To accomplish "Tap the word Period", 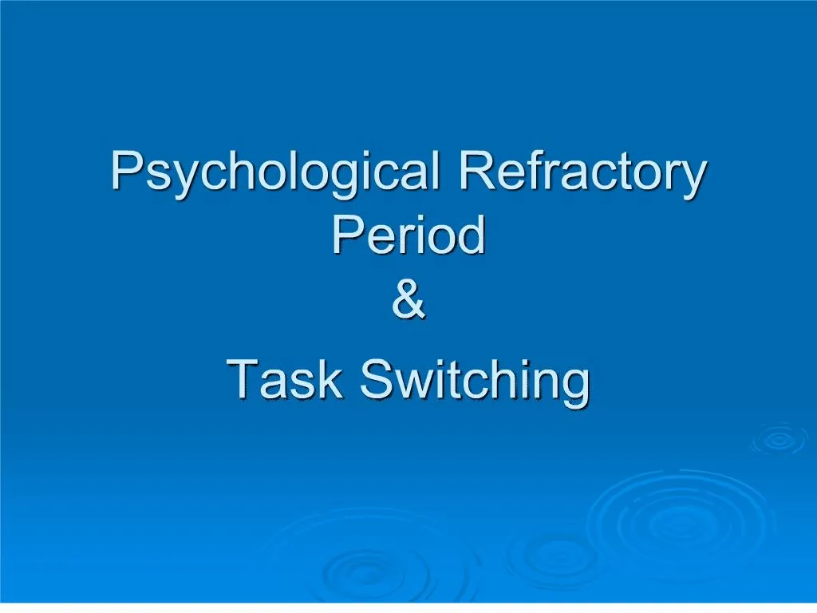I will point(408,235).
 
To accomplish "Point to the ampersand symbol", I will point(408,301).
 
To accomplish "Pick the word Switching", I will point(476,380).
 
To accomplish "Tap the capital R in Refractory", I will point(476,169).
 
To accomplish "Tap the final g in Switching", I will point(574,386).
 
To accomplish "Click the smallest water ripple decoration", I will point(774,440).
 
